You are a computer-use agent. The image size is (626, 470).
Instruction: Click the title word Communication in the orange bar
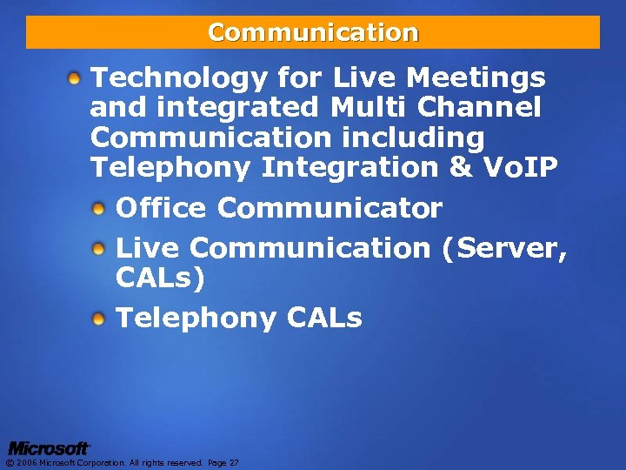click(313, 33)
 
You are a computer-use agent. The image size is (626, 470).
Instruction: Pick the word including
click(411, 138)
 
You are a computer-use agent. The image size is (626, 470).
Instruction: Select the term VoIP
click(520, 167)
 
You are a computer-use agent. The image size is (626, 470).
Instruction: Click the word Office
click(161, 209)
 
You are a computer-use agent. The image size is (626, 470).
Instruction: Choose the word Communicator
click(330, 209)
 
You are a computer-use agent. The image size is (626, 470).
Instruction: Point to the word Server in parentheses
click(505, 249)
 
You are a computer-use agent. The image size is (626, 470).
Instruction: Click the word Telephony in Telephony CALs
click(196, 319)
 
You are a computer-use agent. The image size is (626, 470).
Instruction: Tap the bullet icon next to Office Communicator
click(100, 210)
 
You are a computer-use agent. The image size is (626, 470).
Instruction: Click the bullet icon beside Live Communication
click(100, 249)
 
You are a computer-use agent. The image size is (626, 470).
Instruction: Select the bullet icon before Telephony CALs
click(100, 319)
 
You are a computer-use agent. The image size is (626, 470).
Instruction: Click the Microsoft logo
click(49, 447)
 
